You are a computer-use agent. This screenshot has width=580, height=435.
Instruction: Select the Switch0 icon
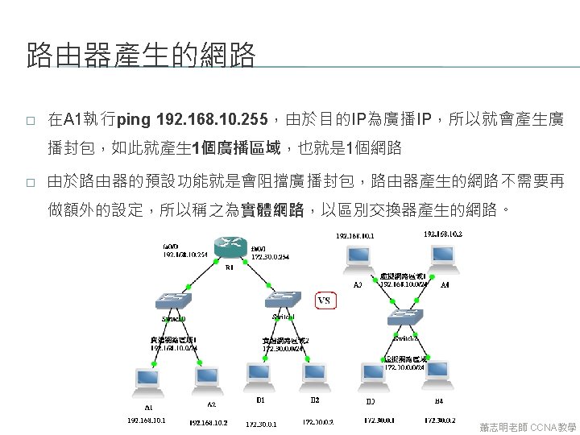[174, 300]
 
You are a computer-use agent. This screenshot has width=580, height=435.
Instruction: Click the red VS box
[324, 300]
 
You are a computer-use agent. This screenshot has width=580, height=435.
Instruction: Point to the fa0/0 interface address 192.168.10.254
[181, 253]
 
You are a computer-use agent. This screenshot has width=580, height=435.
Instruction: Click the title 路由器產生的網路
[141, 56]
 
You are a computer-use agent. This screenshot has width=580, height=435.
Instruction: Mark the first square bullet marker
[30, 122]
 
